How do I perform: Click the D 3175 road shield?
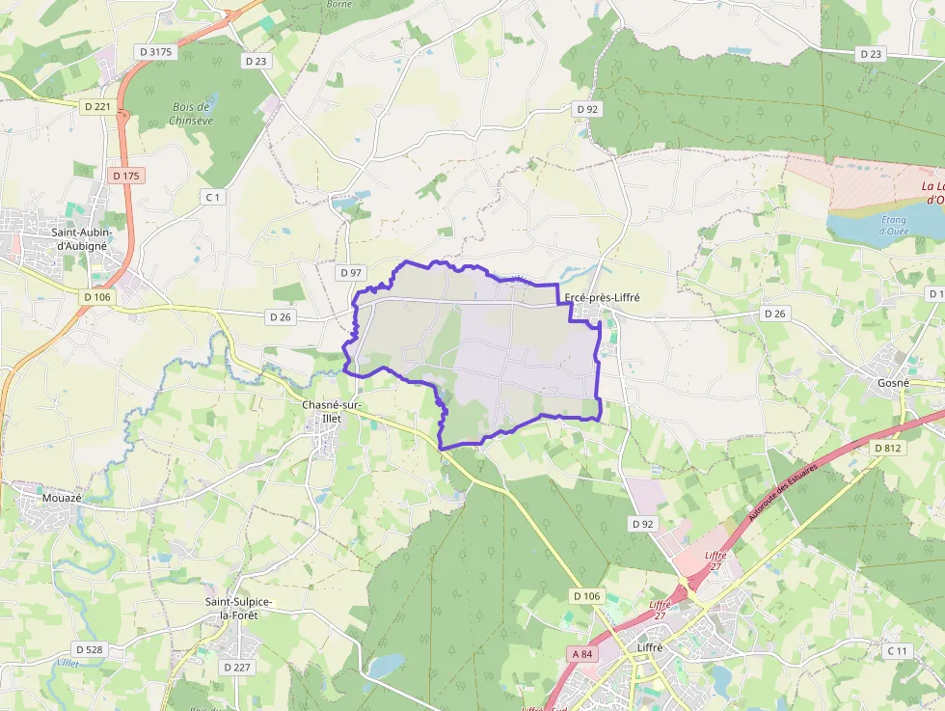157,52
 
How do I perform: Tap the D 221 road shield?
96,106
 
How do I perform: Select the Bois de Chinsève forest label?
190,114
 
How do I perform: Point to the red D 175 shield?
125,176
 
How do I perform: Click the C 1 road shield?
213,197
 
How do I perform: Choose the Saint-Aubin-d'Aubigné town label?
82,239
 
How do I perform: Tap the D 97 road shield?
351,273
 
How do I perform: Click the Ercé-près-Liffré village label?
603,298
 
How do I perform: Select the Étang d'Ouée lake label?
893,224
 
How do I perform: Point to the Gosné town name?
893,383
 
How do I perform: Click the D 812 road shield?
887,449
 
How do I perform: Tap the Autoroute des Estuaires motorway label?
783,493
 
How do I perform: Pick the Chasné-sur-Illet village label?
332,411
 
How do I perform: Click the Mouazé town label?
62,498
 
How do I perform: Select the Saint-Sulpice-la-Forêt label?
238,608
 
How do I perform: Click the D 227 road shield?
236,667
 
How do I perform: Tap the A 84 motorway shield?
581,654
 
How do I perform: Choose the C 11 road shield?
898,651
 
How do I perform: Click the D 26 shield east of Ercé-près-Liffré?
775,314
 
